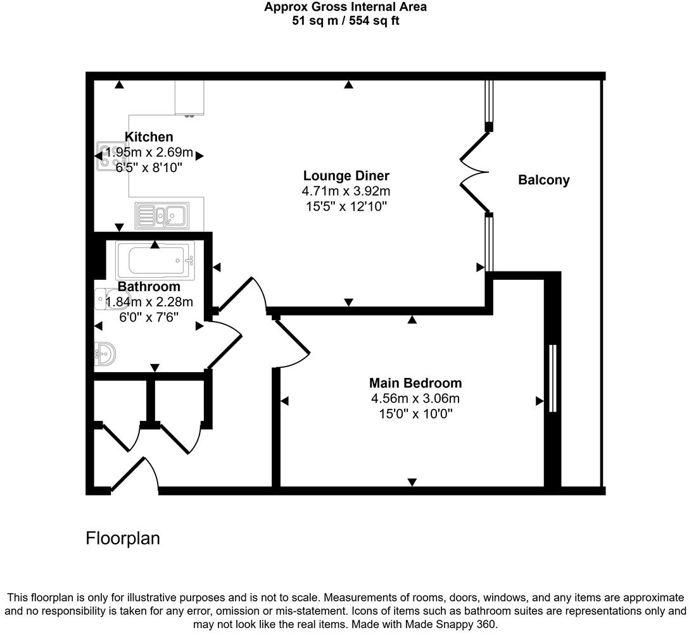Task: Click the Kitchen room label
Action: pos(149,137)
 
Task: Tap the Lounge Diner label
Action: pos(346,176)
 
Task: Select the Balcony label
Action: pos(543,180)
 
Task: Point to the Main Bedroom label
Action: pos(415,383)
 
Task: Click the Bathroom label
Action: pos(149,287)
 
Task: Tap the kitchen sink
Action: pos(162,216)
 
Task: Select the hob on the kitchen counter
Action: pos(106,156)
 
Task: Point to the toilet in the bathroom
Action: pos(102,299)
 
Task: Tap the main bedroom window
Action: pos(552,379)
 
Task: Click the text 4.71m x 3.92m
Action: pos(346,191)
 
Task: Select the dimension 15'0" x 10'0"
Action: pos(415,414)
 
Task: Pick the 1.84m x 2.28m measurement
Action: pos(149,302)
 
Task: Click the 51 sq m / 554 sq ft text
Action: pos(345,21)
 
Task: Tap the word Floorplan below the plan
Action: pos(123,539)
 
